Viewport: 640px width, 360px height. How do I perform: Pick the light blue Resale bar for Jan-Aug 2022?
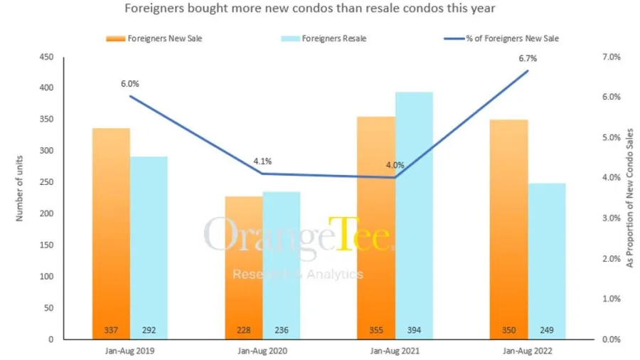[x=547, y=260]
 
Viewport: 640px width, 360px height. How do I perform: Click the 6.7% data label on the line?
[x=527, y=58]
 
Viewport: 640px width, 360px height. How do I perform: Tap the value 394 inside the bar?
[x=414, y=329]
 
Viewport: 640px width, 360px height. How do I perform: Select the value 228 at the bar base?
[x=244, y=329]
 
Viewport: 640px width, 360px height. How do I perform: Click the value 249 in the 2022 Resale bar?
[x=547, y=329]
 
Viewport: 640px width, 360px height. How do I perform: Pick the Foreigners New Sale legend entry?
[x=155, y=38]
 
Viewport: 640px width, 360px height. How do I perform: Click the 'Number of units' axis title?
[x=20, y=189]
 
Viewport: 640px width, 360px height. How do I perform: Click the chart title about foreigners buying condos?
[x=309, y=9]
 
